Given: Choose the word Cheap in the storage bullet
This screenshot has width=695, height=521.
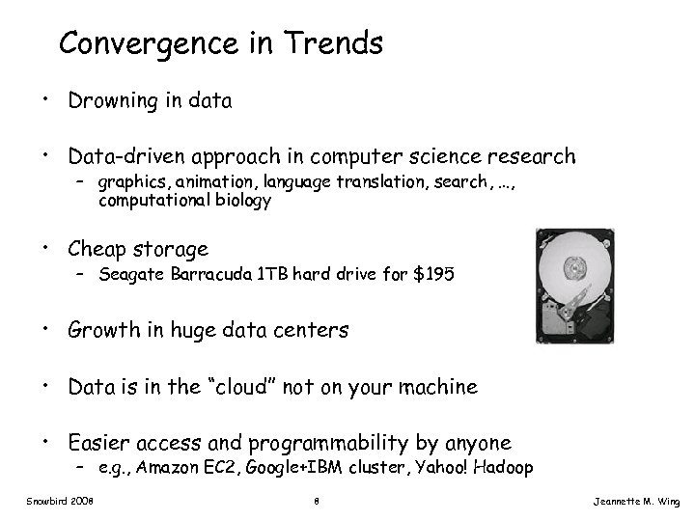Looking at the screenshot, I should pos(97,250).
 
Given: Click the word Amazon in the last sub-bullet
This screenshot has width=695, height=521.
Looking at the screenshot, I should pos(179,469).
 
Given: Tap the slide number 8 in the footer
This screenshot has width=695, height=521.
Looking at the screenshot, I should pos(317,503).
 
